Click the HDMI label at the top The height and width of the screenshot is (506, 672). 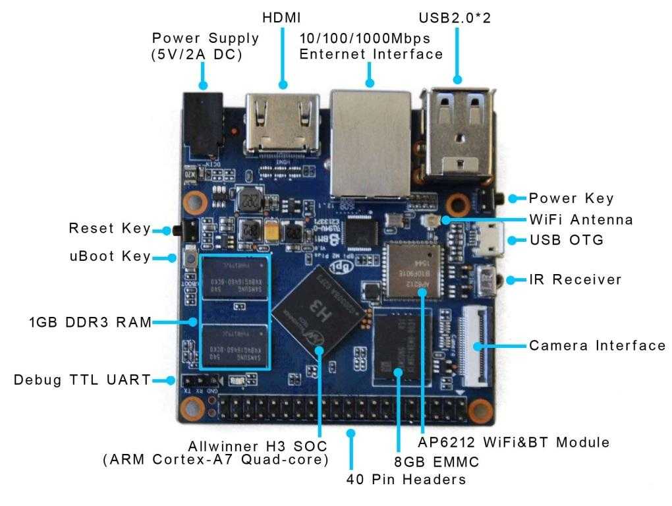point(283,18)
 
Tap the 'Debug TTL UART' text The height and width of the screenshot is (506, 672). point(82,380)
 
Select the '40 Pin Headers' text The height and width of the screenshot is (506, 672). point(406,479)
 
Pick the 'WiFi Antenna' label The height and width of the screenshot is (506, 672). point(581,219)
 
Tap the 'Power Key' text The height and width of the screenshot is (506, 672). point(571,198)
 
